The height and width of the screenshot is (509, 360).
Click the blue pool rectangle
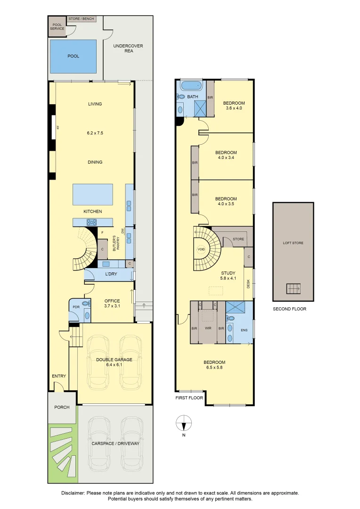pyautogui.click(x=73, y=56)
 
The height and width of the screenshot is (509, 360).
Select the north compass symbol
pyautogui.click(x=184, y=424)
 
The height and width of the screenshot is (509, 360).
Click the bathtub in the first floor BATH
pyautogui.click(x=191, y=86)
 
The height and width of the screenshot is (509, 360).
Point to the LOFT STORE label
pyautogui.click(x=293, y=243)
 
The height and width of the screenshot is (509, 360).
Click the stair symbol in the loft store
pyautogui.click(x=293, y=288)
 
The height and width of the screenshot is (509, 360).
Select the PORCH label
pyautogui.click(x=62, y=408)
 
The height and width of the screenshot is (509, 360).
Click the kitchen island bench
pyautogui.click(x=93, y=194)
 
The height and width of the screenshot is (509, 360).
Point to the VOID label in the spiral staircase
pyautogui.click(x=201, y=249)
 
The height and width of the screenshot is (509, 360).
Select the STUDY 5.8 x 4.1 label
pyautogui.click(x=228, y=276)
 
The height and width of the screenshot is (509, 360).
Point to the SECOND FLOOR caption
pyautogui.click(x=289, y=309)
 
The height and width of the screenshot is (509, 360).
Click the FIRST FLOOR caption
pyautogui.click(x=189, y=398)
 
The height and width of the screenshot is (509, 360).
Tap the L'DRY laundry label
pyautogui.click(x=111, y=274)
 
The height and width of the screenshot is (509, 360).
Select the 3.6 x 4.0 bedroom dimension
pyautogui.click(x=234, y=108)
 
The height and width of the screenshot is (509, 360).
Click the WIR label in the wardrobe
pyautogui.click(x=207, y=328)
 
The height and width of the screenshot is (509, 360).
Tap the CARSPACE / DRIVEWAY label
pyautogui.click(x=115, y=443)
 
